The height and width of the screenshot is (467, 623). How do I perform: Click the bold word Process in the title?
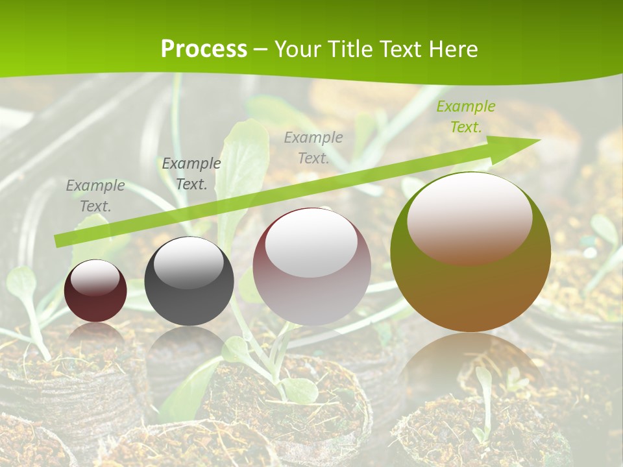tap(204, 49)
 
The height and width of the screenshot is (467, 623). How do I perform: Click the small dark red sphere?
tap(95, 291)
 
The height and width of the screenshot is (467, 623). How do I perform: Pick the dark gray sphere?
tap(189, 282)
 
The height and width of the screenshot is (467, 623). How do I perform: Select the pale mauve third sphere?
tap(311, 267)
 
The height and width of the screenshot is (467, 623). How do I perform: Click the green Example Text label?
tap(465, 117)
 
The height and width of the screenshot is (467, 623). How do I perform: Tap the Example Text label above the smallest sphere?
tap(95, 196)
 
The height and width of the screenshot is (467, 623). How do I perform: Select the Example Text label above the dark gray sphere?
tap(191, 174)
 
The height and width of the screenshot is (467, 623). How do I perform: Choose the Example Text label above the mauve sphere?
tap(313, 148)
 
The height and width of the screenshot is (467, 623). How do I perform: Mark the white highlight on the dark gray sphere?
tap(188, 261)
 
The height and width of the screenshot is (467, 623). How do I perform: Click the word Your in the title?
tap(297, 49)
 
